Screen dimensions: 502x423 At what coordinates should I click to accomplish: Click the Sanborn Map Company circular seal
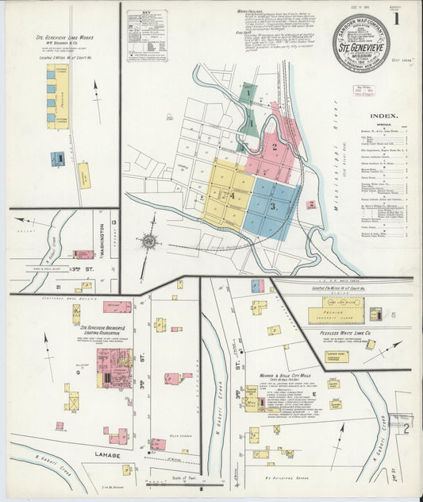(x=361, y=41)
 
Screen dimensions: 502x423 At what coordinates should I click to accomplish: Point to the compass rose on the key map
(x=148, y=240)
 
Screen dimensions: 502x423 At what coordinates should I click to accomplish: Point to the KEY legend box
(x=146, y=36)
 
